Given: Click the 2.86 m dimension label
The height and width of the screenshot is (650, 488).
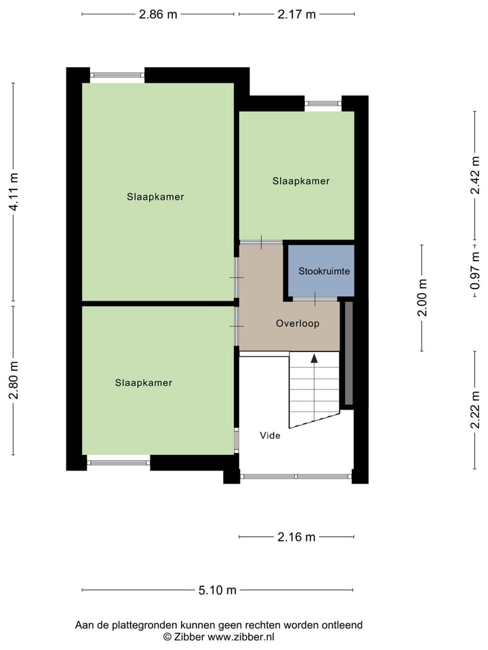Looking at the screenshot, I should pyautogui.click(x=158, y=14).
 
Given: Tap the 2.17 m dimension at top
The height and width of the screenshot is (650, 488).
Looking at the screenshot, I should pyautogui.click(x=296, y=14).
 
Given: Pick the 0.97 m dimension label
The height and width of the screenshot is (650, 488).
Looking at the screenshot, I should pyautogui.click(x=475, y=271).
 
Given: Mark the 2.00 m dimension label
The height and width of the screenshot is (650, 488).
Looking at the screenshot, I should pyautogui.click(x=422, y=298).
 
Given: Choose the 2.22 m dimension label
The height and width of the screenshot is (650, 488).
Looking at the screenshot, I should pyautogui.click(x=475, y=410).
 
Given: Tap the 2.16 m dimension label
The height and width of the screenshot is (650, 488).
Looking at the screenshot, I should pyautogui.click(x=296, y=537).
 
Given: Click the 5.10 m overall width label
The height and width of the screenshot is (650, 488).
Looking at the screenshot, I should pyautogui.click(x=217, y=590).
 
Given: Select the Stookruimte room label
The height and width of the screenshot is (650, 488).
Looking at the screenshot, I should pyautogui.click(x=324, y=272).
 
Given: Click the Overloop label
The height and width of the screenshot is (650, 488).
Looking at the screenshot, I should pyautogui.click(x=298, y=324).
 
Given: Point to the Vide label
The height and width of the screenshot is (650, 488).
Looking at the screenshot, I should pyautogui.click(x=270, y=435).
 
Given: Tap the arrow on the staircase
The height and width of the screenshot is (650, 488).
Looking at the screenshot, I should pyautogui.click(x=314, y=359).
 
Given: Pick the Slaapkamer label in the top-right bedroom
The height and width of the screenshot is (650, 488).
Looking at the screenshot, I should pyautogui.click(x=301, y=181).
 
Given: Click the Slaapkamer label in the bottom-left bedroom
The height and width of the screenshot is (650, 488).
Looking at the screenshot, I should pyautogui.click(x=144, y=383).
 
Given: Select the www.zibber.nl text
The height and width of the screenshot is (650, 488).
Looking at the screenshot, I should pyautogui.click(x=241, y=636).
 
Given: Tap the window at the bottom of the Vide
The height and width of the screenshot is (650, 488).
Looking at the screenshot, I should pyautogui.click(x=296, y=477).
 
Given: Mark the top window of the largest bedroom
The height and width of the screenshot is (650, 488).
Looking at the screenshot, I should pyautogui.click(x=117, y=75).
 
